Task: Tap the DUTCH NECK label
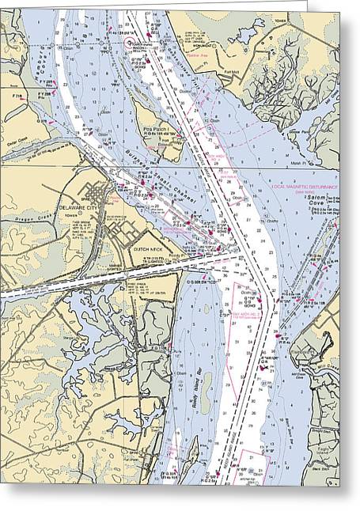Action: (x=148, y=248)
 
